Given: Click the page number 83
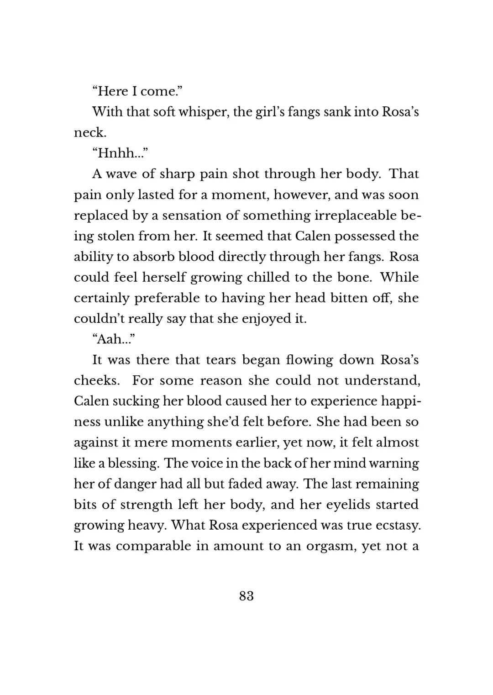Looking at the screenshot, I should coord(246,596).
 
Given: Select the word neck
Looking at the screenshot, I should coord(89,133).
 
